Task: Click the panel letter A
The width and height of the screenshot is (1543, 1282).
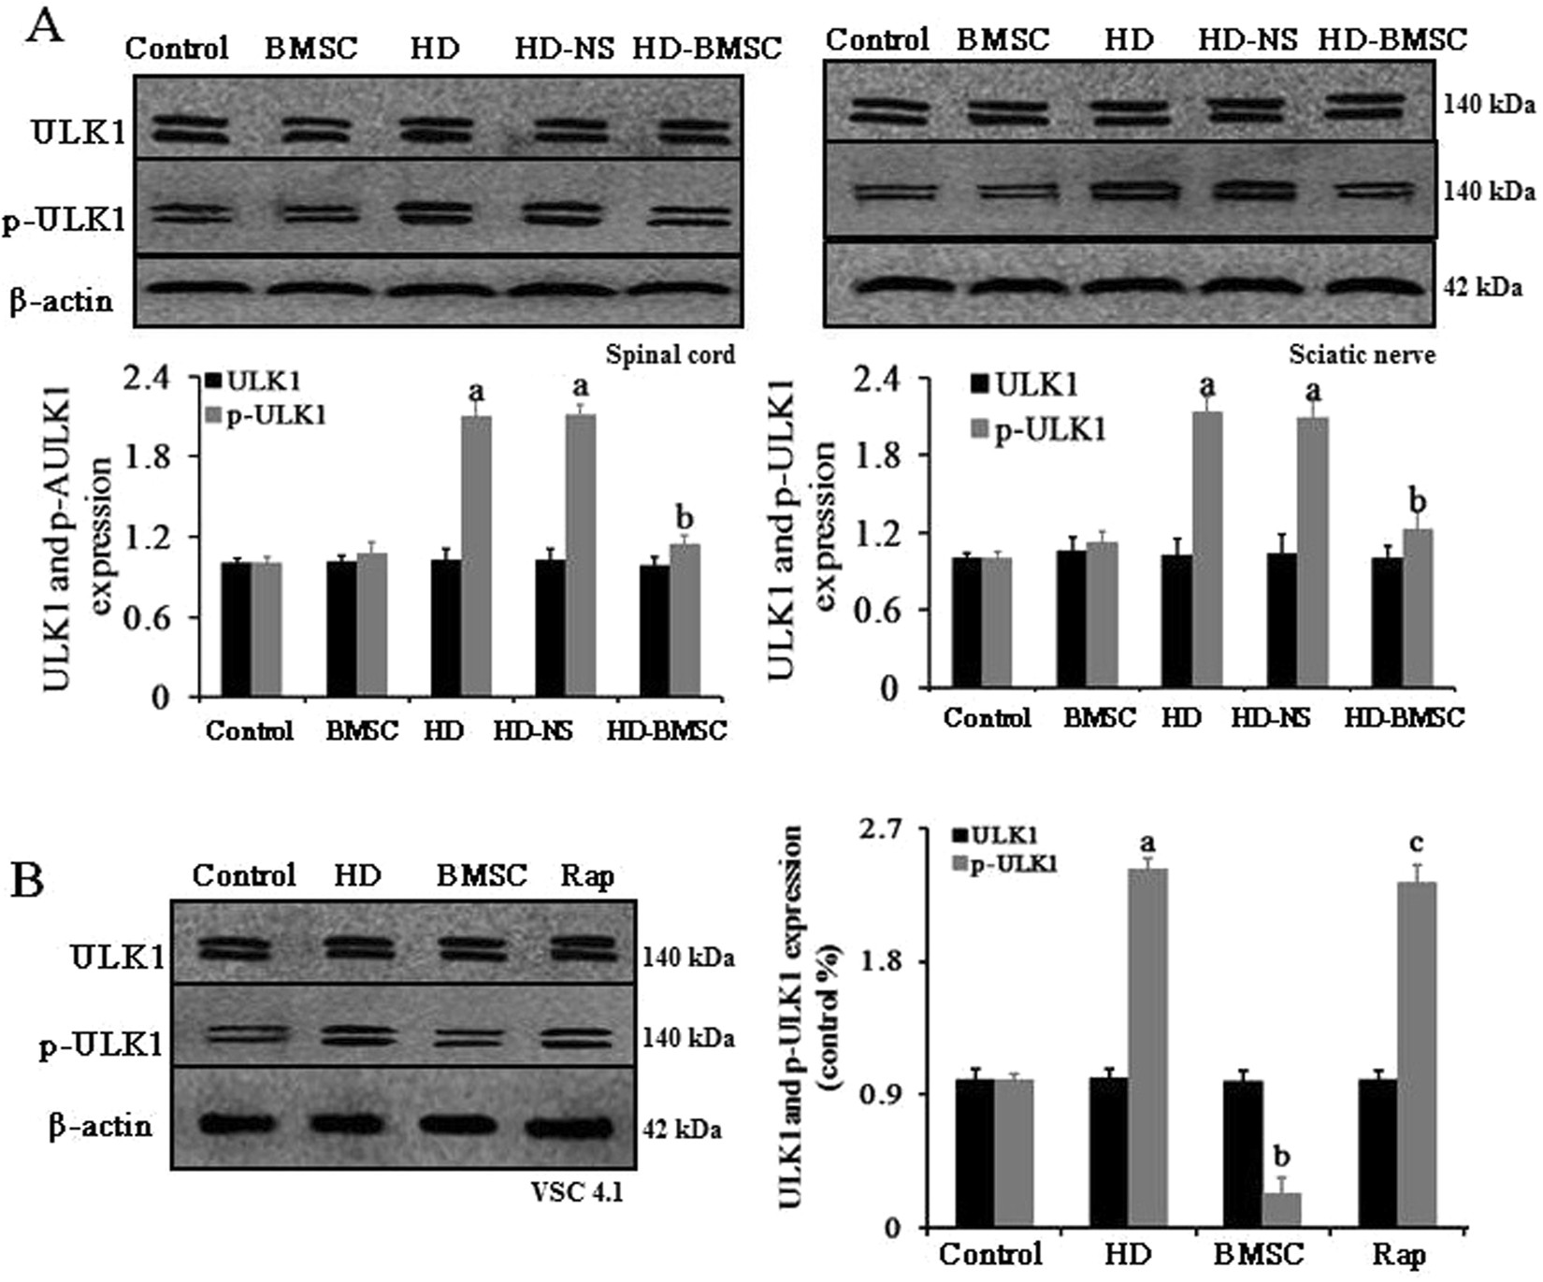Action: (x=44, y=25)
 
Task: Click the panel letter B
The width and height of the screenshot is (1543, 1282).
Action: (x=27, y=880)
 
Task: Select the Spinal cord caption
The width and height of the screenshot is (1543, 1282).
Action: (x=670, y=355)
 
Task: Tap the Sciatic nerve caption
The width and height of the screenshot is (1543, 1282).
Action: (x=1362, y=354)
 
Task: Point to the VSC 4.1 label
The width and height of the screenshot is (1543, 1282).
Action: (x=576, y=1192)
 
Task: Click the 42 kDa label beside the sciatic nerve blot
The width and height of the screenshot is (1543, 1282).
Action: (x=1487, y=288)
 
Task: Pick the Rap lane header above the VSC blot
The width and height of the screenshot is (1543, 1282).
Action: (x=586, y=876)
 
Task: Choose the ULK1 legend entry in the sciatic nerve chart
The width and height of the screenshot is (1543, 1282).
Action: (x=1025, y=384)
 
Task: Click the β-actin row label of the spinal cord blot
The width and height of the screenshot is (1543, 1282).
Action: (x=62, y=301)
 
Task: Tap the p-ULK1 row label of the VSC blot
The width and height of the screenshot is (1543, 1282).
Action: (x=101, y=1044)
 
